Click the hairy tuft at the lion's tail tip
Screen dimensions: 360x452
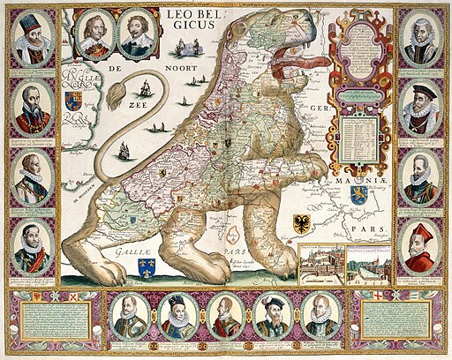140,87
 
